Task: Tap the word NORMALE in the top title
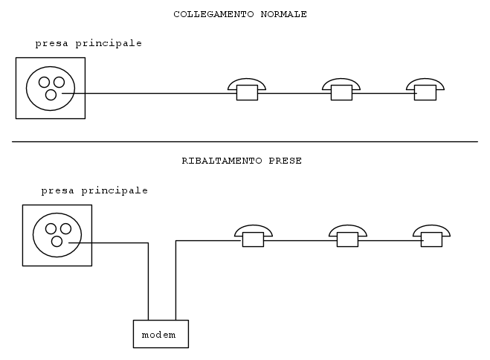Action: pyautogui.click(x=284, y=14)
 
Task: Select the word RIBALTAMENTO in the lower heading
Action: pyautogui.click(x=222, y=161)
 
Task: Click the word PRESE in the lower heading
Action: pyautogui.click(x=286, y=161)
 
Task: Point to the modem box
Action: pyautogui.click(x=161, y=334)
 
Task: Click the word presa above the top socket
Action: pyautogui.click(x=51, y=43)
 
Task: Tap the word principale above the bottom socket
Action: pyautogui.click(x=115, y=190)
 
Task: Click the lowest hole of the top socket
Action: pyautogui.click(x=51, y=94)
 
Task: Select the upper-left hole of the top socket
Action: pyautogui.click(x=44, y=82)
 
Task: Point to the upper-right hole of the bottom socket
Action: pyautogui.click(x=65, y=229)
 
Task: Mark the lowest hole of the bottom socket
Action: pyautogui.click(x=57, y=241)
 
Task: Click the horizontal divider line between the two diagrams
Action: pyautogui.click(x=245, y=141)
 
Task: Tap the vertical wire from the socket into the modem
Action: pyautogui.click(x=148, y=281)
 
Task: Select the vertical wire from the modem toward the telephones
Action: pyautogui.click(x=175, y=280)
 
